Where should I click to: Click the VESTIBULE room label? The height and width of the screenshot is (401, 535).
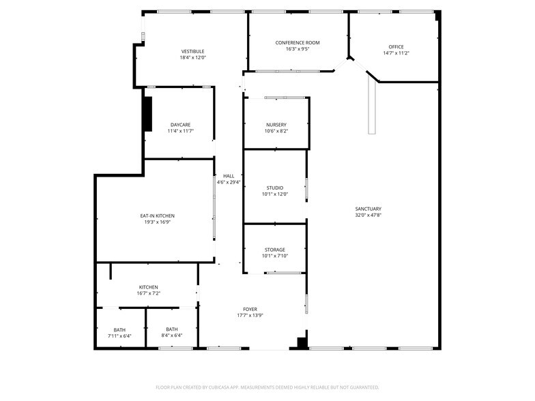pos(192,51)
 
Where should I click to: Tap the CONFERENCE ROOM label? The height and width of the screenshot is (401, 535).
pos(297,42)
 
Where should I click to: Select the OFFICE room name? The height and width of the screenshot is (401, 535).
pos(396,46)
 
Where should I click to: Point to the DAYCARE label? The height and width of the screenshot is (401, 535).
pos(180,124)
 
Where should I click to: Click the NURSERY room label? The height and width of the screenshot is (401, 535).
pos(276,124)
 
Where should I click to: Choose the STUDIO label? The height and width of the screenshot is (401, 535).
pos(275,188)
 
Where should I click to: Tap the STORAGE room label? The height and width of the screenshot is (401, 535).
pos(275,250)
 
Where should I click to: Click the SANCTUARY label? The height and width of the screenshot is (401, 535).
pos(368,209)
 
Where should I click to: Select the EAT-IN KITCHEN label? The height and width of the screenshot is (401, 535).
pos(157,216)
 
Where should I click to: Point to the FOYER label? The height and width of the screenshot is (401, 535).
pos(250,309)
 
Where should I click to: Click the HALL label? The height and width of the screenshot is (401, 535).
pos(229,176)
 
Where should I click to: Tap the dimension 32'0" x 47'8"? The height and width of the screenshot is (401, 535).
pos(368,216)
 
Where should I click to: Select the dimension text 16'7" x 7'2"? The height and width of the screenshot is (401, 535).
pos(149,293)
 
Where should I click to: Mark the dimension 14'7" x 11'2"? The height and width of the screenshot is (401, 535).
pos(396,53)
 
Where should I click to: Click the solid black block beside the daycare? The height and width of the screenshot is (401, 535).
pos(147,113)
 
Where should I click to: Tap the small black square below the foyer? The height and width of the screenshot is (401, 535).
pos(301,342)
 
